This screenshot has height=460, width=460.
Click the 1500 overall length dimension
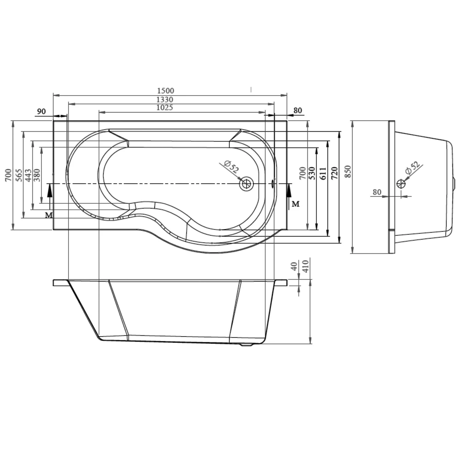tap(165, 91)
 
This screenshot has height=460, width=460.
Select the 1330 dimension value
tap(165, 100)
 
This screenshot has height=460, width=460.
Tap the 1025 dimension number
tap(165, 108)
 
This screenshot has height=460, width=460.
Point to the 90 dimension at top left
tap(41, 111)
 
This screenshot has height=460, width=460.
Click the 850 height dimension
tap(347, 171)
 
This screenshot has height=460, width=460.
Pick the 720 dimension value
tap(334, 173)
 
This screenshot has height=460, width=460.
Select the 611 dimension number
tap(323, 173)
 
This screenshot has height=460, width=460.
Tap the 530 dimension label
tap(312, 173)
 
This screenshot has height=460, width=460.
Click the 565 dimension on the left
tap(19, 175)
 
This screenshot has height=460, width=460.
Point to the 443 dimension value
tap(28, 175)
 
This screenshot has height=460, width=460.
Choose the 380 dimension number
tap(37, 175)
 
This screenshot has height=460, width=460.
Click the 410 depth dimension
tap(305, 266)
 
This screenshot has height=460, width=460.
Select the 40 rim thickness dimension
tap(294, 266)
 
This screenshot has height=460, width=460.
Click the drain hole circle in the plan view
tap(246, 184)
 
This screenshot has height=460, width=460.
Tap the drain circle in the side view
tap(401, 184)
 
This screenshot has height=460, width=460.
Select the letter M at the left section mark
tap(48, 215)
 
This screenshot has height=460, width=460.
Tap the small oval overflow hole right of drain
tap(272, 184)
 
